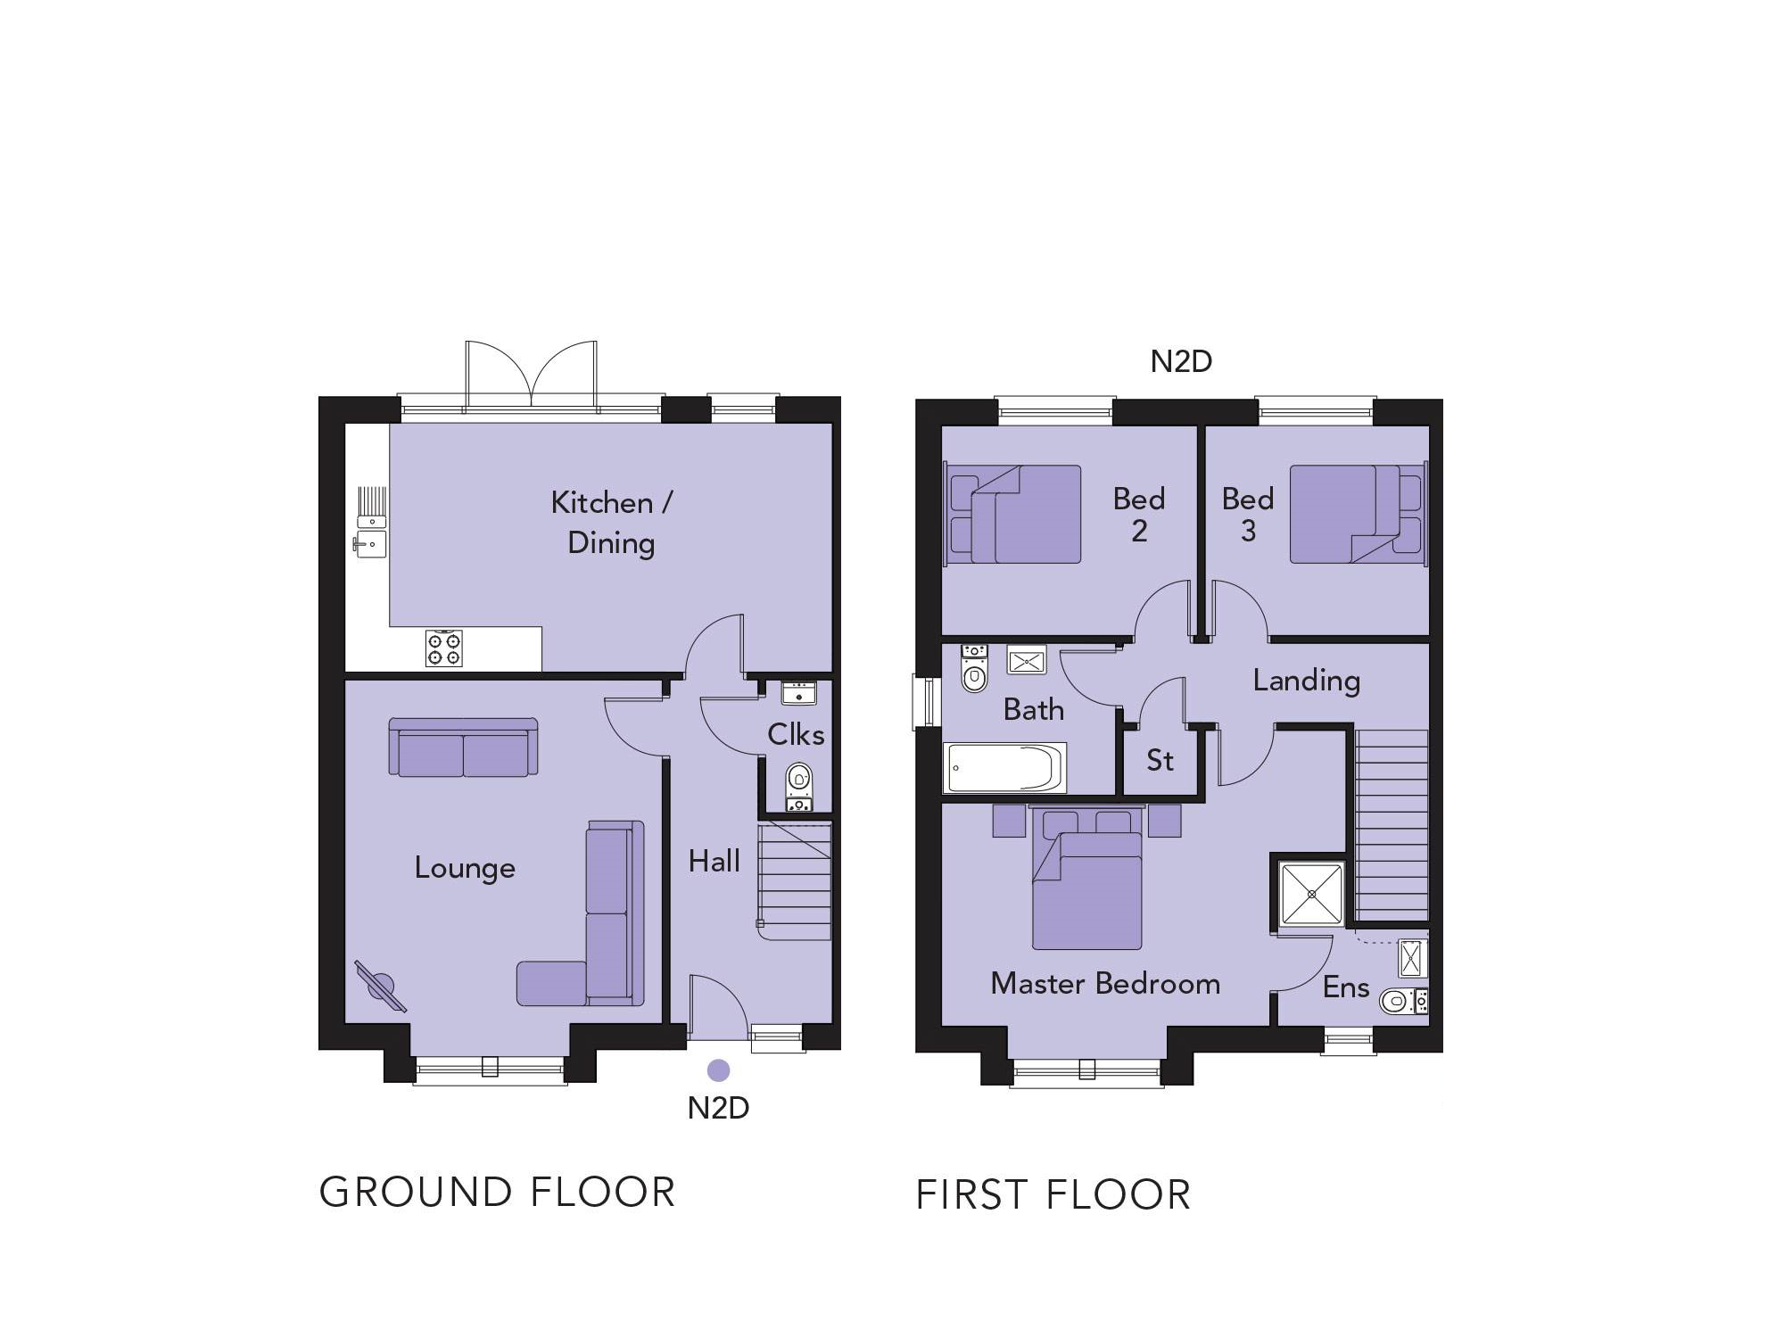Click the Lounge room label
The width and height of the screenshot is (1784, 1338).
[465, 868]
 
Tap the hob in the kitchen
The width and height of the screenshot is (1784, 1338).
[444, 648]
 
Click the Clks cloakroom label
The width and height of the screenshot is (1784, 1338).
[796, 734]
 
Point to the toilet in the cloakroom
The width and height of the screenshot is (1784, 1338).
[799, 787]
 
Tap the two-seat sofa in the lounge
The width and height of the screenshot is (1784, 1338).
[464, 747]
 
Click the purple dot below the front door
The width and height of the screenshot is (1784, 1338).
[718, 1070]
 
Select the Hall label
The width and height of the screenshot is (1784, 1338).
[714, 861]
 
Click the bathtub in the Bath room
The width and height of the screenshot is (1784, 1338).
[1005, 768]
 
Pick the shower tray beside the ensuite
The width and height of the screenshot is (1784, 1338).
[1311, 894]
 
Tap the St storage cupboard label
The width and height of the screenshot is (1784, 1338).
[1160, 760]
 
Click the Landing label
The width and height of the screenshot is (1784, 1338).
[1307, 681]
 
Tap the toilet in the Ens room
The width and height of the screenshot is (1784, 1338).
[1403, 1001]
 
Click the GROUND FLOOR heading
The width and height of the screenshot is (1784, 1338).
[498, 1193]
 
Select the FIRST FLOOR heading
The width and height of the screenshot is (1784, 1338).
[1053, 1195]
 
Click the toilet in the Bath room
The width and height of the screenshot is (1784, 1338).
[974, 668]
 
